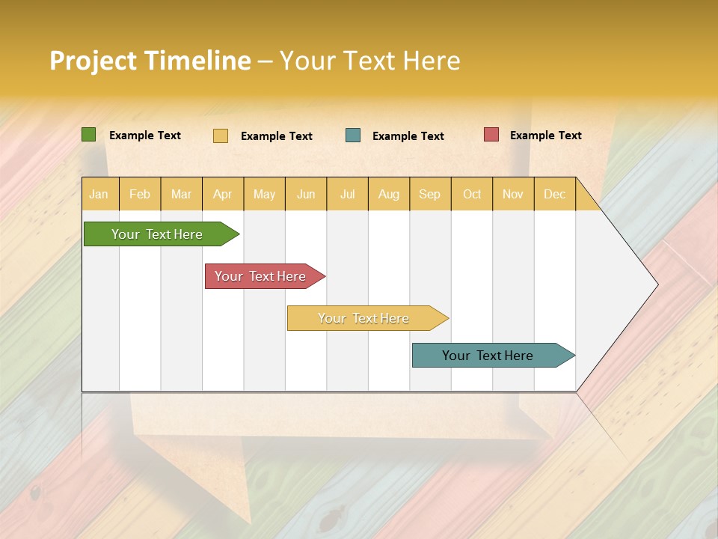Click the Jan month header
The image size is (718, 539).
pos(99,194)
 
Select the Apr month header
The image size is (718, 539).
pos(222,194)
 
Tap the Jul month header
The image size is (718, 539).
pos(347,194)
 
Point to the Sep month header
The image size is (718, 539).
pos(429,194)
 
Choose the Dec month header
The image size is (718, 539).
pos(554,194)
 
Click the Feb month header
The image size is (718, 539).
pos(140,194)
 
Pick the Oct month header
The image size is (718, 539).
pos(471,194)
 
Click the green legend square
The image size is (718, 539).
pos(88,135)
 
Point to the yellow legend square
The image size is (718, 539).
pos(220,135)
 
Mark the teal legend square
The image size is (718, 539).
pos(353,135)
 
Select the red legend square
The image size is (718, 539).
pos(491,135)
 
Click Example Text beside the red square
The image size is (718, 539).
pos(545,135)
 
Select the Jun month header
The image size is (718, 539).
pos(306,194)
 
